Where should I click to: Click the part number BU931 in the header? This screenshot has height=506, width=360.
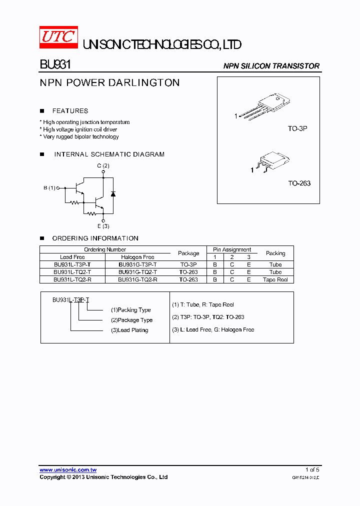pyautogui.click(x=55, y=65)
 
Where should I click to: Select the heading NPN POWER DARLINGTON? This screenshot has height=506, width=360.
pyautogui.click(x=109, y=83)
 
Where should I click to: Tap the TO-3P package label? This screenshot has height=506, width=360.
pyautogui.click(x=297, y=128)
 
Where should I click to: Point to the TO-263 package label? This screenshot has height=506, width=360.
pyautogui.click(x=299, y=183)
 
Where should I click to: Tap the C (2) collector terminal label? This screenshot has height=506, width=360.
pyautogui.click(x=103, y=165)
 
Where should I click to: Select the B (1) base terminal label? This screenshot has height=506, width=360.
pyautogui.click(x=49, y=188)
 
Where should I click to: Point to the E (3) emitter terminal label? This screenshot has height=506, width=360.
pyautogui.click(x=103, y=226)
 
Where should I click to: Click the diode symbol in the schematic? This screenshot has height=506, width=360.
pyautogui.click(x=112, y=193)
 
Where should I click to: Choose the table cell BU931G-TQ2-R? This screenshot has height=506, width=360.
pyautogui.click(x=137, y=279)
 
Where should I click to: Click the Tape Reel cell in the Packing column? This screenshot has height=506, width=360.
pyautogui.click(x=275, y=279)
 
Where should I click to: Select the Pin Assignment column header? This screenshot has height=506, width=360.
pyautogui.click(x=232, y=249)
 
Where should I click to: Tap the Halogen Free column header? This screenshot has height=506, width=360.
pyautogui.click(x=137, y=257)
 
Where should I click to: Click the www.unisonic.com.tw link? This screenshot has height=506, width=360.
pyautogui.click(x=68, y=469)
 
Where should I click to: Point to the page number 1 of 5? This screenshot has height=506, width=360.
pyautogui.click(x=312, y=469)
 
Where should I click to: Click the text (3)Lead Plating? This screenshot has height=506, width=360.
pyautogui.click(x=129, y=330)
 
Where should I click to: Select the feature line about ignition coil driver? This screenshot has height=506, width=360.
pyautogui.click(x=80, y=129)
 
